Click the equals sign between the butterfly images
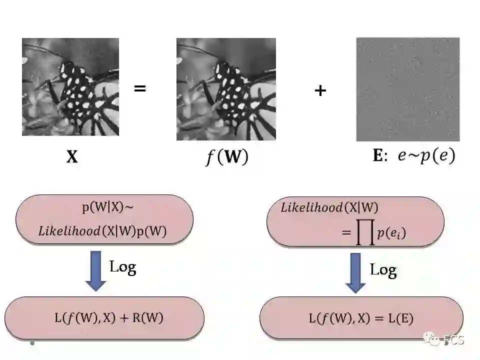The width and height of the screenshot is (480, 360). click(140, 89)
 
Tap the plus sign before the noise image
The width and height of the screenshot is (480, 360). click(320, 90)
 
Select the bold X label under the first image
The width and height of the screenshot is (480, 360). click(72, 158)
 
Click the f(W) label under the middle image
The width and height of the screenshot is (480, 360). click(227, 157)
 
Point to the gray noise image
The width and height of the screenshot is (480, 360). click(407, 89)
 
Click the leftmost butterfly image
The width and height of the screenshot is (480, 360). click(70, 87)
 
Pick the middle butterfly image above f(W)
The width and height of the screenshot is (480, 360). click(226, 89)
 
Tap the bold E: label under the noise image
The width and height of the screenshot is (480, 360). click(380, 156)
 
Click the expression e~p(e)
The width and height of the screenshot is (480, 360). click(426, 156)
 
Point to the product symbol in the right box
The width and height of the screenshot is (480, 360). click(365, 234)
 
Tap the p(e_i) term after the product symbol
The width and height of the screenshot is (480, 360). click(391, 233)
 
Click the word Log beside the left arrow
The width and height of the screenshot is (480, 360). click(122, 266)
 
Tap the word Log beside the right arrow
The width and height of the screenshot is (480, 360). click(383, 270)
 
